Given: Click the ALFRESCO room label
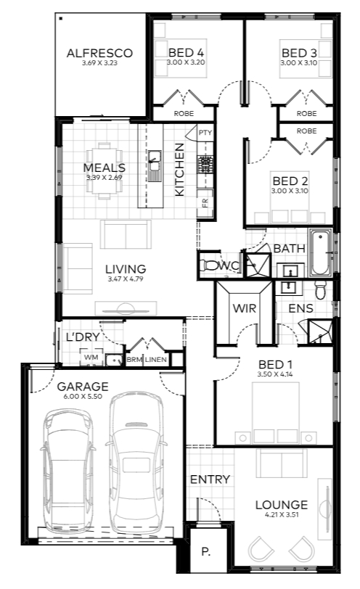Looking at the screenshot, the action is click(x=99, y=54).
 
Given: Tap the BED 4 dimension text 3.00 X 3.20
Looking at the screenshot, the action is click(x=186, y=62).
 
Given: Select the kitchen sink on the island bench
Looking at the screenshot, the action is click(x=154, y=165).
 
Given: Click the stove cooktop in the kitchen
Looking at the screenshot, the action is click(x=205, y=165).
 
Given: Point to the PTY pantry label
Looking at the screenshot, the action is click(x=205, y=133).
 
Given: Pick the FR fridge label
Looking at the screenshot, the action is click(x=205, y=203).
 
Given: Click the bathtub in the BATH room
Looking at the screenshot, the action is click(x=321, y=253).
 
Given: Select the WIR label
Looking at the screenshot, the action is click(x=245, y=308).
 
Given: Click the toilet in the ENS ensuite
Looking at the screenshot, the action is click(x=321, y=290).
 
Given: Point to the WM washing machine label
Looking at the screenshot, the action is click(x=91, y=357).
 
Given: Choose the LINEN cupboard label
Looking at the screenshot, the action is click(x=156, y=360).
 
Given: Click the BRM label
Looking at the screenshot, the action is click(x=134, y=360).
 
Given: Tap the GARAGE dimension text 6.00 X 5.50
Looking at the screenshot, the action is click(x=83, y=396).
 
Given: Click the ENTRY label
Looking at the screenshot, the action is click(x=210, y=479).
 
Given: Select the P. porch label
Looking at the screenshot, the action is click(x=205, y=552).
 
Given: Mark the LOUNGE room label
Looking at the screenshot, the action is click(x=282, y=505).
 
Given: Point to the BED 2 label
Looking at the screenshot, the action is click(x=290, y=181).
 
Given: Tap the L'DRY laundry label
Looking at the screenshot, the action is click(x=83, y=337).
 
